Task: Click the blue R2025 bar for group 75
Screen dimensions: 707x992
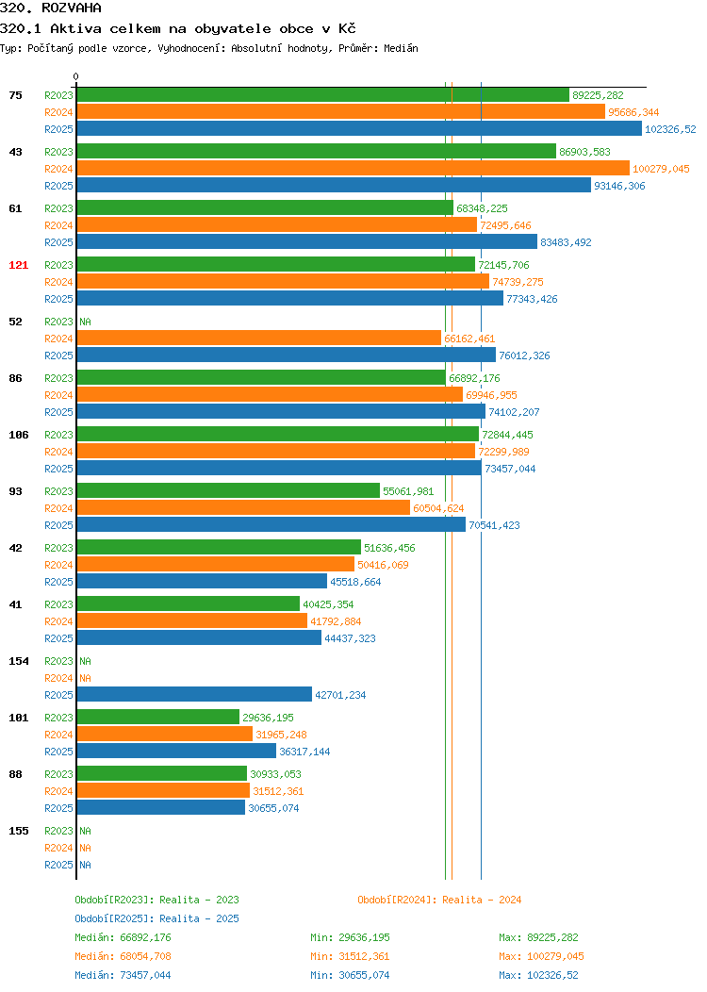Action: (359, 128)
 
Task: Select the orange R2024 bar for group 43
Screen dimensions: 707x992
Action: (353, 168)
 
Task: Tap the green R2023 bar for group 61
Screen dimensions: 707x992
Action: (266, 208)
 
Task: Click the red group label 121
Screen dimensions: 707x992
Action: (18, 265)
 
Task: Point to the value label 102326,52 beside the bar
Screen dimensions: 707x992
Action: (670, 129)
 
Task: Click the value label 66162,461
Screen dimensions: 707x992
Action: (469, 339)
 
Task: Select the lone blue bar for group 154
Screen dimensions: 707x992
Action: (195, 694)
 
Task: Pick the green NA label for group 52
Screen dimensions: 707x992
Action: (86, 322)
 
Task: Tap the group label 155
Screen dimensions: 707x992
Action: (18, 831)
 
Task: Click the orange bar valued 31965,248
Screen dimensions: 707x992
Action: (165, 734)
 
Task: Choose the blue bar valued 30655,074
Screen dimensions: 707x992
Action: (161, 807)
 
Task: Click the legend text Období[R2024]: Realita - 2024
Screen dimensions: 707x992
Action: (439, 900)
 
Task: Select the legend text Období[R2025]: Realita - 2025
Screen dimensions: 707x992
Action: (156, 918)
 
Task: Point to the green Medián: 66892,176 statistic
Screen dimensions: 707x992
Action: (123, 937)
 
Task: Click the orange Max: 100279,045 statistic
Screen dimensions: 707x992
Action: (541, 956)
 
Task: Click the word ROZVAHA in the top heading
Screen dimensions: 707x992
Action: (72, 8)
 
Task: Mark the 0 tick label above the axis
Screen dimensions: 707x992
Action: (76, 76)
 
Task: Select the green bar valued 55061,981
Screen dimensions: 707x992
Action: (228, 491)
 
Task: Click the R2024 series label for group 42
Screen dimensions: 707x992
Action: (58, 565)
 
